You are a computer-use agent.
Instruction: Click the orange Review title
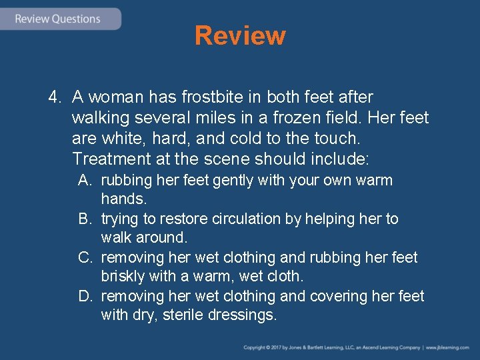pos(240,36)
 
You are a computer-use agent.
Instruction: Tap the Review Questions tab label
pos(58,19)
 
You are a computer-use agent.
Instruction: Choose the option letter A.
pos(85,181)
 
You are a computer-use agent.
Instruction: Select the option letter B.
pos(85,219)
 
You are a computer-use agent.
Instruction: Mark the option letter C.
pos(85,258)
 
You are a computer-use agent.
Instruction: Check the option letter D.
pos(85,297)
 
